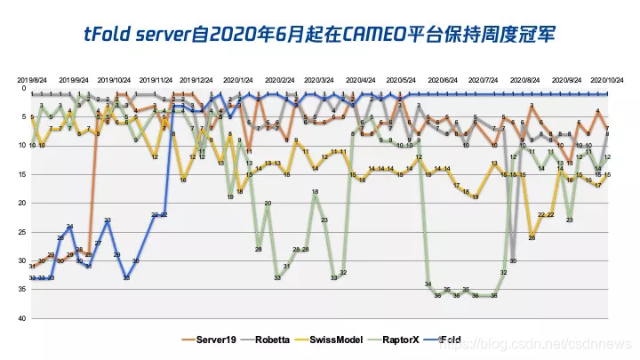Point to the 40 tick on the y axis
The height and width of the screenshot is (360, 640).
click(24, 318)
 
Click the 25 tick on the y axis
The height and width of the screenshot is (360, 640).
click(24, 232)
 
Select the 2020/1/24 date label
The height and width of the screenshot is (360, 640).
click(237, 80)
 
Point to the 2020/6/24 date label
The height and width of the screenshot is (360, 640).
click(444, 80)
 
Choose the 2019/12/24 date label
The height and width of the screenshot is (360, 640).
click(196, 80)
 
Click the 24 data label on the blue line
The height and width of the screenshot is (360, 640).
click(70, 228)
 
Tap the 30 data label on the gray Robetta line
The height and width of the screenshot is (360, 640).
click(513, 261)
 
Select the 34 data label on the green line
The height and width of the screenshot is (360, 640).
click(428, 284)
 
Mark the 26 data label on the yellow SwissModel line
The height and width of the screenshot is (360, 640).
click(532, 237)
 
